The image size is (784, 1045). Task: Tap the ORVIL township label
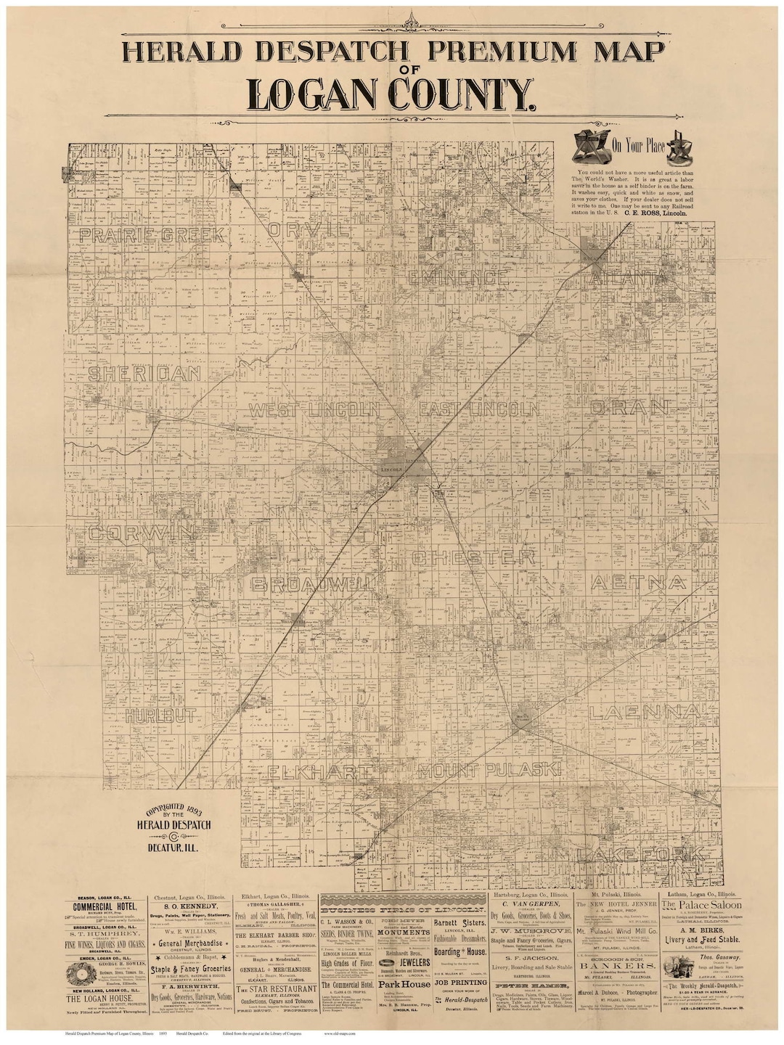tap(309, 230)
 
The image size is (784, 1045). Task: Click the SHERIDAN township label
tap(144, 374)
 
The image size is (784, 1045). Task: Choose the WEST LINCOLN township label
tap(314, 409)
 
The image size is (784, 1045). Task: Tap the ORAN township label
tap(628, 407)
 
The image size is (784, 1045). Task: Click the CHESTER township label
tap(474, 558)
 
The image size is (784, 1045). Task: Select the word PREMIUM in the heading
tap(478, 53)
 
